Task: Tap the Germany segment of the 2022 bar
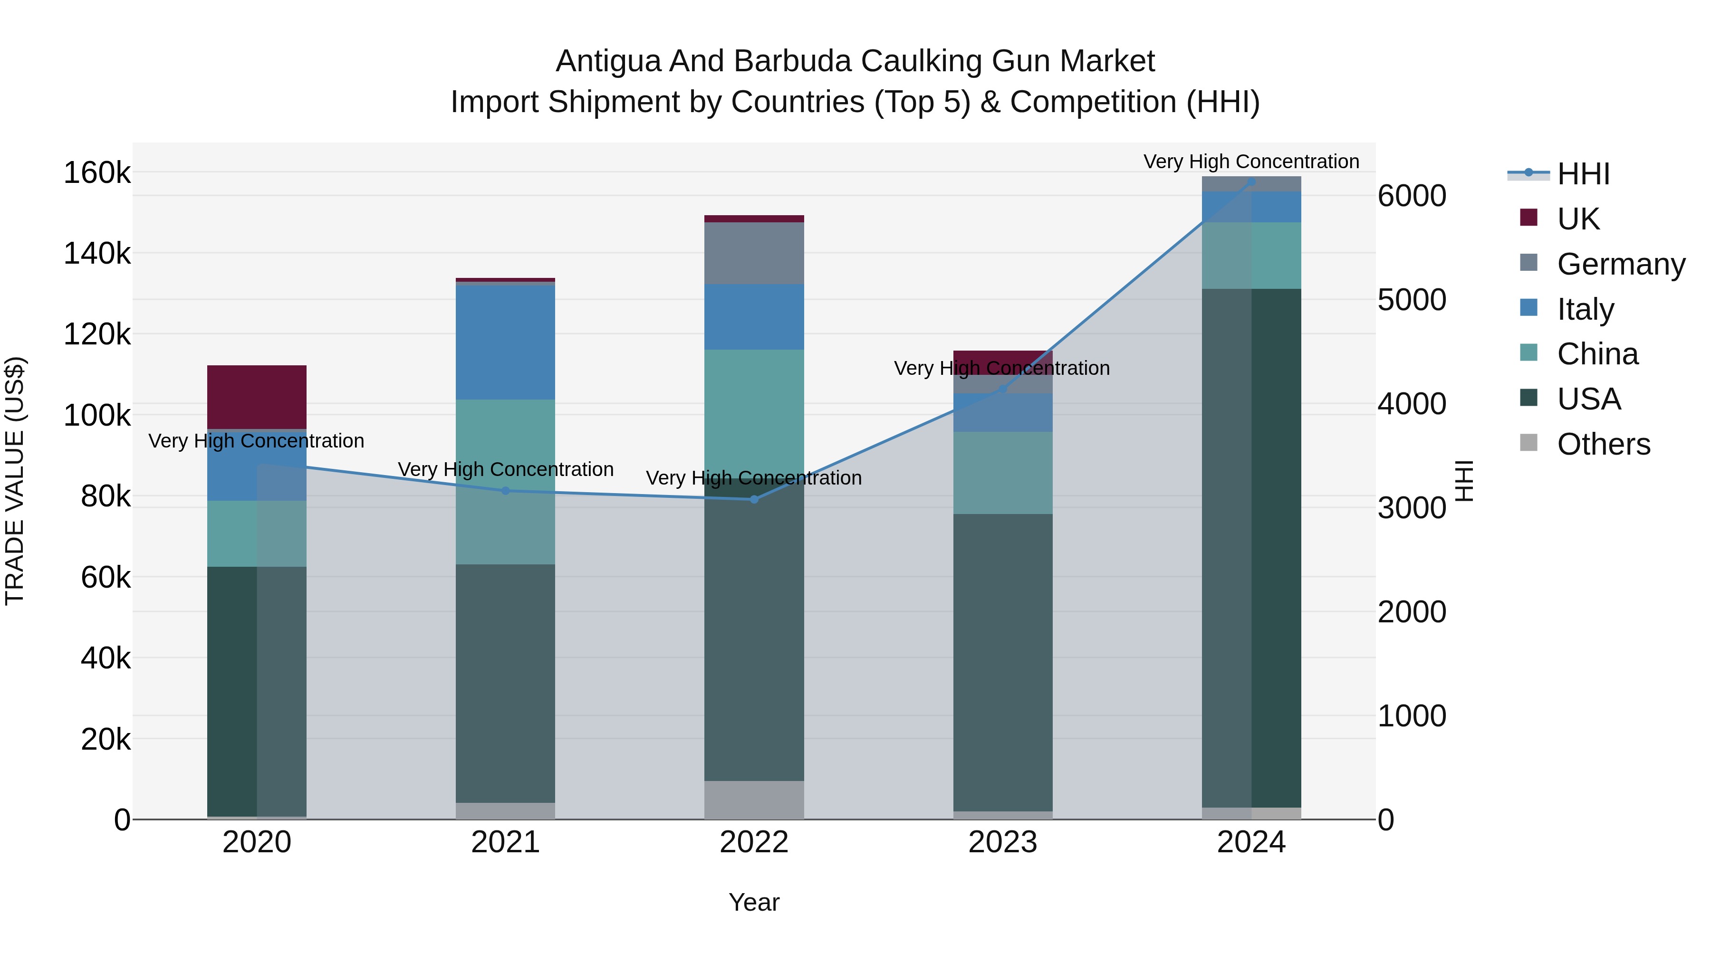point(754,253)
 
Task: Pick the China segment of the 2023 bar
point(1002,473)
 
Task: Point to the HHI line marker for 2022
point(754,499)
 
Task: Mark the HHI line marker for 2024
point(1251,181)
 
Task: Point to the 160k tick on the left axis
point(97,173)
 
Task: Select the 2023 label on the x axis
point(1002,842)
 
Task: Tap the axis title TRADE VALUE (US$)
point(15,481)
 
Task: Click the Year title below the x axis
point(754,902)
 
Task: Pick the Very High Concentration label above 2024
point(1251,162)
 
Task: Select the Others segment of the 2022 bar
point(754,800)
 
